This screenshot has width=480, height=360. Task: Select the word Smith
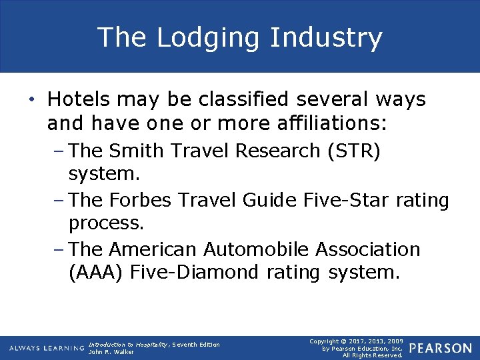coord(139,151)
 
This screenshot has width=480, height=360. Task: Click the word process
coord(106,223)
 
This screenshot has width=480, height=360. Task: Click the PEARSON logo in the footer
coord(441,348)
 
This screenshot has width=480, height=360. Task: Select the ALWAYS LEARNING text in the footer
coord(47,348)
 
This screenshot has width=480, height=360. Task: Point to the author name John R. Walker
coord(111,352)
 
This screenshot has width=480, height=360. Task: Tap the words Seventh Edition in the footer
coord(197,344)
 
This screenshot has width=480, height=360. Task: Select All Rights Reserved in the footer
coord(373,355)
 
